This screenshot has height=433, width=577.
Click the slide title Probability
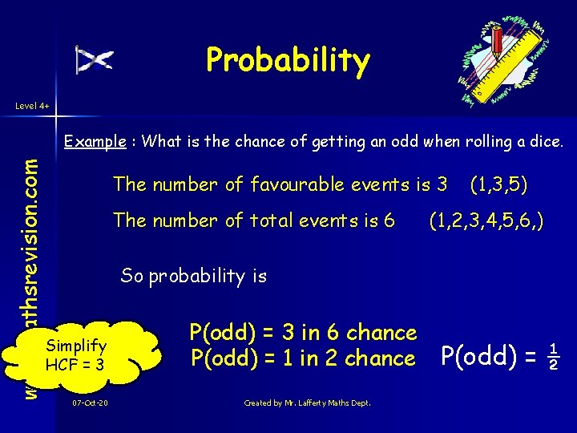point(288,59)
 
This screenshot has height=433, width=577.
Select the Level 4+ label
point(30,104)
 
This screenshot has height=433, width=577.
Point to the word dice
point(545,142)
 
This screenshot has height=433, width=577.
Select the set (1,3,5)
point(498,184)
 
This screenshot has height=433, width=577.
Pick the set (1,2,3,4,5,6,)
point(486,220)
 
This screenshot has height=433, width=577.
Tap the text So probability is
point(193,276)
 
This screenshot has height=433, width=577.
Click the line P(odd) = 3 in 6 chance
point(303,332)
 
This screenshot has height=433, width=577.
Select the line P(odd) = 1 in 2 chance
point(303,358)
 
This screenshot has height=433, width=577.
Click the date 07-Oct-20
point(90,403)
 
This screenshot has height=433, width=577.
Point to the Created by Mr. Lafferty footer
point(307,403)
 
